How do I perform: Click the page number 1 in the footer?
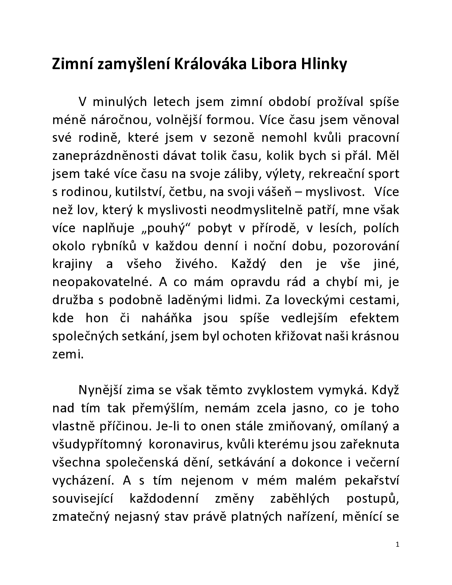tap(397, 544)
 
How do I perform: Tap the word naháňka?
tap(167, 318)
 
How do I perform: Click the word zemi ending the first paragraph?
tap(67, 354)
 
